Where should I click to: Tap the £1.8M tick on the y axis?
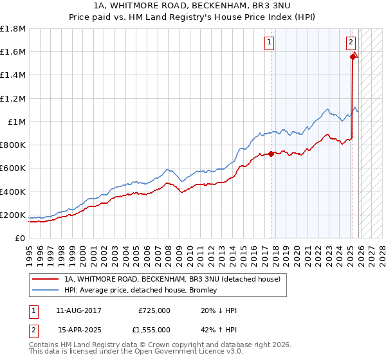click(x=13, y=29)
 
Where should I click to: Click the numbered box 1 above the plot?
click(x=268, y=43)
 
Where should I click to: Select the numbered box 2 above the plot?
click(x=351, y=43)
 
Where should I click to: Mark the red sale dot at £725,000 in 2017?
click(x=271, y=154)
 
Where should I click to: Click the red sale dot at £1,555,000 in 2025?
click(x=353, y=57)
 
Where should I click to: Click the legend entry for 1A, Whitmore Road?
click(x=172, y=279)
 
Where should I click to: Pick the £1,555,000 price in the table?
click(x=154, y=330)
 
